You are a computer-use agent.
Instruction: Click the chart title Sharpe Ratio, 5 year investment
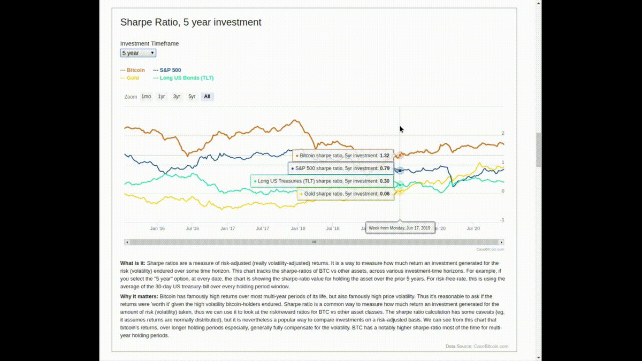pos(190,22)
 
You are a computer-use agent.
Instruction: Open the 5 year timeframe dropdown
pos(138,53)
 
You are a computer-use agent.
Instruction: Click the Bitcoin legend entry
pos(133,70)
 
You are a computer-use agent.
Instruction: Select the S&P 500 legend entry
pos(167,70)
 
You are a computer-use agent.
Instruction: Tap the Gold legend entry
pos(130,78)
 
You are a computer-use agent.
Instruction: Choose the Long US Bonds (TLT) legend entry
pos(184,78)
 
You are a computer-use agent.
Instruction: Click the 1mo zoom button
pos(146,97)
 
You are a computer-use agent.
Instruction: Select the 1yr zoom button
pos(162,97)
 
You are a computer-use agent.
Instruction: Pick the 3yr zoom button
pos(177,97)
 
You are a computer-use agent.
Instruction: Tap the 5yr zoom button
pos(192,97)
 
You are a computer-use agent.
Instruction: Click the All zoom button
pos(207,97)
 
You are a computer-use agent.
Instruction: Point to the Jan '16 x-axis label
pos(157,228)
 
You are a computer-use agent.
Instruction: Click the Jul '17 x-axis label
pos(262,228)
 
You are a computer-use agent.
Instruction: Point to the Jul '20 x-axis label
pos(473,228)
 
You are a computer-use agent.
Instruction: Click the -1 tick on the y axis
pos(502,220)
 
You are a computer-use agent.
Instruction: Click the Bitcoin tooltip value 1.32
pos(384,156)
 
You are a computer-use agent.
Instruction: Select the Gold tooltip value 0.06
pos(384,194)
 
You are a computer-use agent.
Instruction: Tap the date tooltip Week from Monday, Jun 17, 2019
pos(400,228)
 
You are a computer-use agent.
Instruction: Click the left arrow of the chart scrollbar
pos(127,242)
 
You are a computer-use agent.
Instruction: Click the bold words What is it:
pos(132,263)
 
